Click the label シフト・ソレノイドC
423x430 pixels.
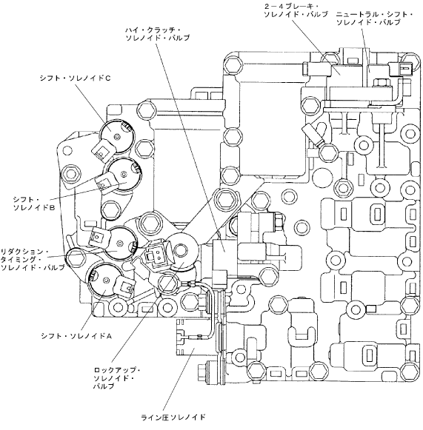click(x=75, y=78)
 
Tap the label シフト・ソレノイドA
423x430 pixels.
click(x=76, y=336)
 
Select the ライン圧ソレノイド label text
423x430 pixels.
click(x=173, y=417)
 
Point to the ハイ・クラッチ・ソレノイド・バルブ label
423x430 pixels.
click(x=158, y=34)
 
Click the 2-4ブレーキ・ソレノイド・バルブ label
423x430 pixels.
click(x=296, y=10)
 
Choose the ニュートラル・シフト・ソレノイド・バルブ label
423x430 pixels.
click(x=375, y=18)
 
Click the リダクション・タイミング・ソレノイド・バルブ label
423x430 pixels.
click(x=33, y=260)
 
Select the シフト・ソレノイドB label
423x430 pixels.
click(x=34, y=204)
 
